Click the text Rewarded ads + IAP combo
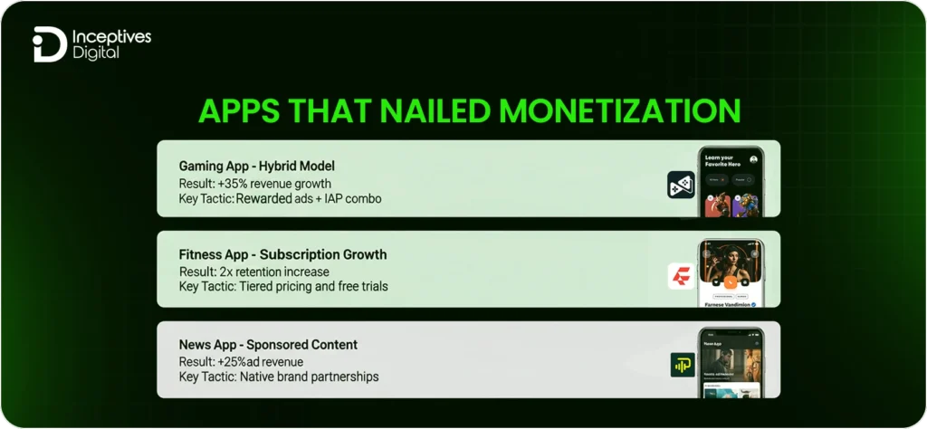309,198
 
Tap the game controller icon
680,185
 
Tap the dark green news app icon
680,363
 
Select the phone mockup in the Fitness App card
730,273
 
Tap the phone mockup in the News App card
730,362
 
